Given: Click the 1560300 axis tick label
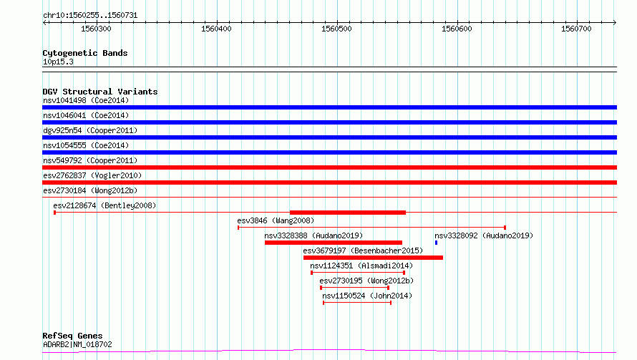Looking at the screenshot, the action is coord(96,29).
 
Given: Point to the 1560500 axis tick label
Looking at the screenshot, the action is coord(336,29).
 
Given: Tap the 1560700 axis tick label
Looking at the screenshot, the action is coord(576,29).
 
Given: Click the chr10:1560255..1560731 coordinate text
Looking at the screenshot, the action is coord(90,16).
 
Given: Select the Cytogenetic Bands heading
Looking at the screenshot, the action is coord(85,53).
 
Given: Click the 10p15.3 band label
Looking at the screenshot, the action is coord(58,62).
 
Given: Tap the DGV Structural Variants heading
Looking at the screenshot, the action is coord(100,92).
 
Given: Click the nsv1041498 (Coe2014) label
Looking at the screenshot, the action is coord(86,100).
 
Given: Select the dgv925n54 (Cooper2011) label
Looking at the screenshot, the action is coord(90,130).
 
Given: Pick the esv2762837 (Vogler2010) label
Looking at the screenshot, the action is coord(92,175).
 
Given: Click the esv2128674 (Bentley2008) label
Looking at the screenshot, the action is coord(104,205).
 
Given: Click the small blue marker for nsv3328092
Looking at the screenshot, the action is coord(437,243).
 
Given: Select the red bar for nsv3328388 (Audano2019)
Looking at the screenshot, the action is coord(334,243).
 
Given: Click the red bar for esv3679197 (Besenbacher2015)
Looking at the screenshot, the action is coord(373,258).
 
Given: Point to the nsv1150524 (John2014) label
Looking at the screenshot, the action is coord(367,296).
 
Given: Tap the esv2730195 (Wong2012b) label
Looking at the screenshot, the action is coord(366,281).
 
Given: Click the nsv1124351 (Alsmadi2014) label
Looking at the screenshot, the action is coord(361,266).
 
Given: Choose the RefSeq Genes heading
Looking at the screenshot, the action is coord(73,336).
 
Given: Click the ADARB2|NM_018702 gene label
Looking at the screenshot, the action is coord(77,344).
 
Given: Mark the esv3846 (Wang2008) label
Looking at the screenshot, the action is coord(276,220).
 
